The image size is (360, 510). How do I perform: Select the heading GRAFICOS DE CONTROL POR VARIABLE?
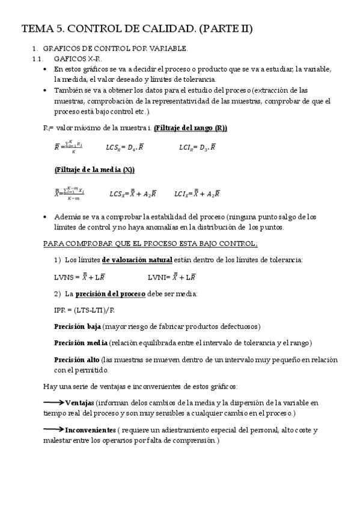click(116, 49)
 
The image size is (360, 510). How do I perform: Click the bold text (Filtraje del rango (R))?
click(191, 128)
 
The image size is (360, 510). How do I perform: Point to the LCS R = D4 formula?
click(124, 147)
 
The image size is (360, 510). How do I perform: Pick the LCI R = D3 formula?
click(198, 147)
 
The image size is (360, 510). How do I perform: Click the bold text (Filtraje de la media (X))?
click(94, 170)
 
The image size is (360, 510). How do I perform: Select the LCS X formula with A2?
click(133, 194)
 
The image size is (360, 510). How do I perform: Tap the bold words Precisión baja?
click(77, 326)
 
